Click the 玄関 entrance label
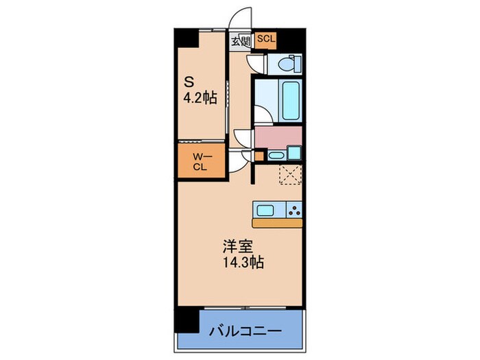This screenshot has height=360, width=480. pos(239,41)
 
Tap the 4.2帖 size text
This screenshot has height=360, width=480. pos(200,98)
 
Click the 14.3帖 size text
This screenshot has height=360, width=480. pos(243,261)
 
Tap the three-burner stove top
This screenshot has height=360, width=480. pos(293,210)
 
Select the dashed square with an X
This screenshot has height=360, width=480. pos(289,174)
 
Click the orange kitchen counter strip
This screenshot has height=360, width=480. pos(277,223)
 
